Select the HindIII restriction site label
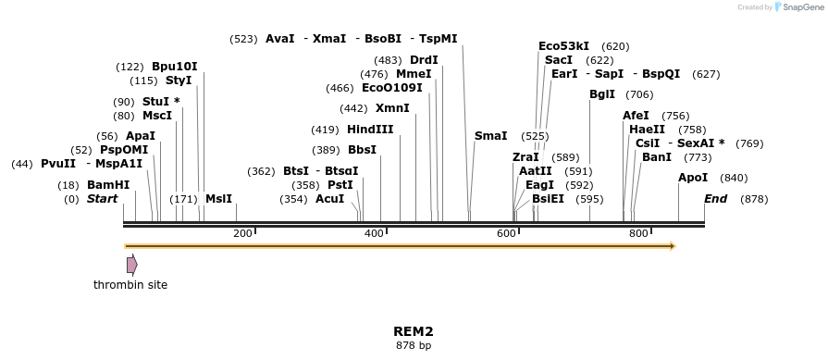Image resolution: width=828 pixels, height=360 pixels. [370, 130]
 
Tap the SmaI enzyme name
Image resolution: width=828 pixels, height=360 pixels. [491, 136]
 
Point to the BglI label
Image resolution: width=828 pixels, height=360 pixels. [602, 94]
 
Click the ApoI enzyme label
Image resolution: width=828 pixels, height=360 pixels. [693, 178]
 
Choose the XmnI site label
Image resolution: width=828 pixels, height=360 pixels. [391, 108]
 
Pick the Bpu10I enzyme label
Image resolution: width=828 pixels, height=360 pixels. [175, 67]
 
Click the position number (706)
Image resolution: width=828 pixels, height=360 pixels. [639, 94]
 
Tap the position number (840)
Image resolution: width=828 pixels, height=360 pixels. [734, 178]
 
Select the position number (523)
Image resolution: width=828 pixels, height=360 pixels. [244, 39]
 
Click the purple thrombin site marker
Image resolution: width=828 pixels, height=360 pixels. [132, 265]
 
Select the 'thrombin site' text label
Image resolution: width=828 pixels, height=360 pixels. [130, 285]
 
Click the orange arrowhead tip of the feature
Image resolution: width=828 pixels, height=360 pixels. [674, 246]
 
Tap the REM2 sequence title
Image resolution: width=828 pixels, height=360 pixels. [414, 330]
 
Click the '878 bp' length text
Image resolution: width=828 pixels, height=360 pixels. [414, 346]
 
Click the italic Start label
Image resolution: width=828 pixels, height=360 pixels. [104, 199]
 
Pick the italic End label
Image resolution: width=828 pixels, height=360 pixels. [716, 199]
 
